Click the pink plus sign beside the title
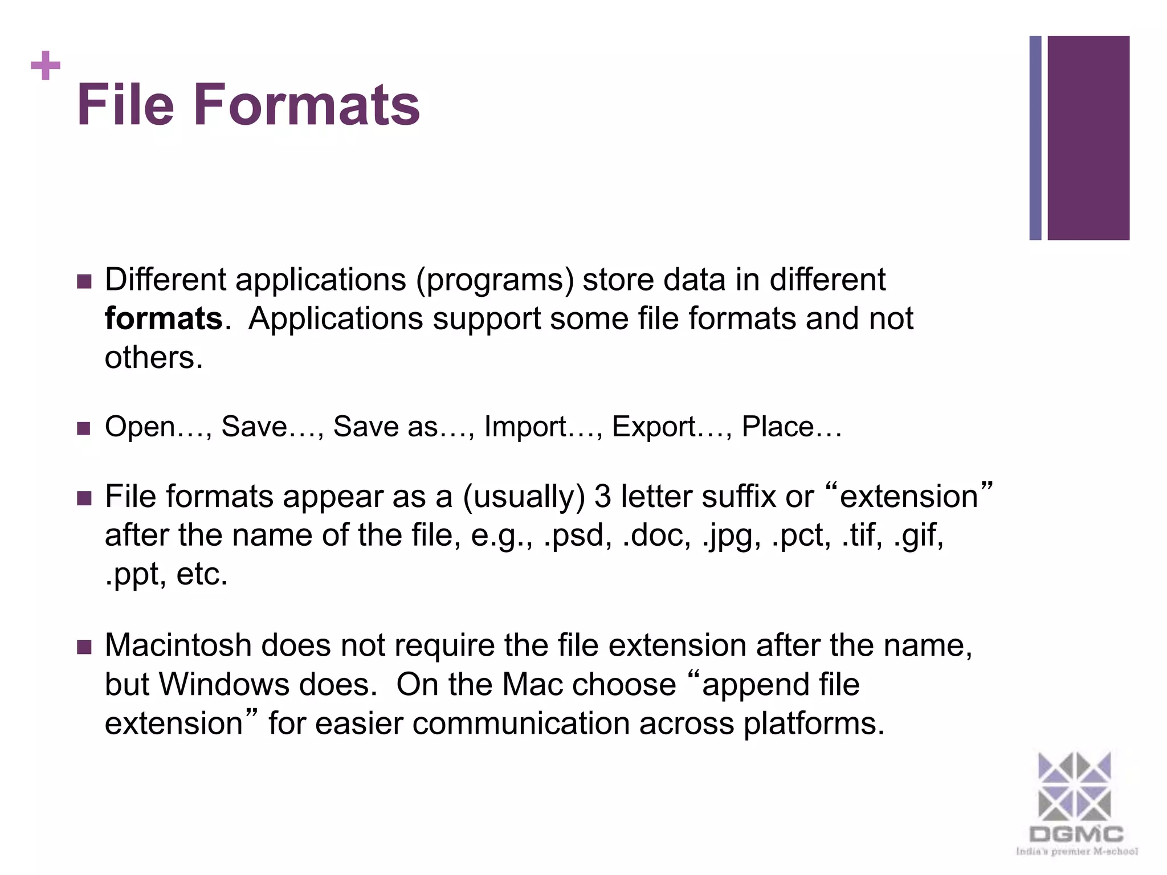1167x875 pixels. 46,66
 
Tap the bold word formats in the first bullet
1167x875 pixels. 164,318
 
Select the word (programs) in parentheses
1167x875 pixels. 495,280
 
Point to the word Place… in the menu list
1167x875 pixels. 791,427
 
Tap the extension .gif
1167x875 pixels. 917,535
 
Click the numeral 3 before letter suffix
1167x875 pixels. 602,497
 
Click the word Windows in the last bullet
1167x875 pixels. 224,684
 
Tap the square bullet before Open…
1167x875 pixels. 84,428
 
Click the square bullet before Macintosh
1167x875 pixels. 84,647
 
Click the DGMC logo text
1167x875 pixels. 1076,835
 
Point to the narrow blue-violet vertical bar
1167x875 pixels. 1035,138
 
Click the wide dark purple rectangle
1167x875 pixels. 1088,138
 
